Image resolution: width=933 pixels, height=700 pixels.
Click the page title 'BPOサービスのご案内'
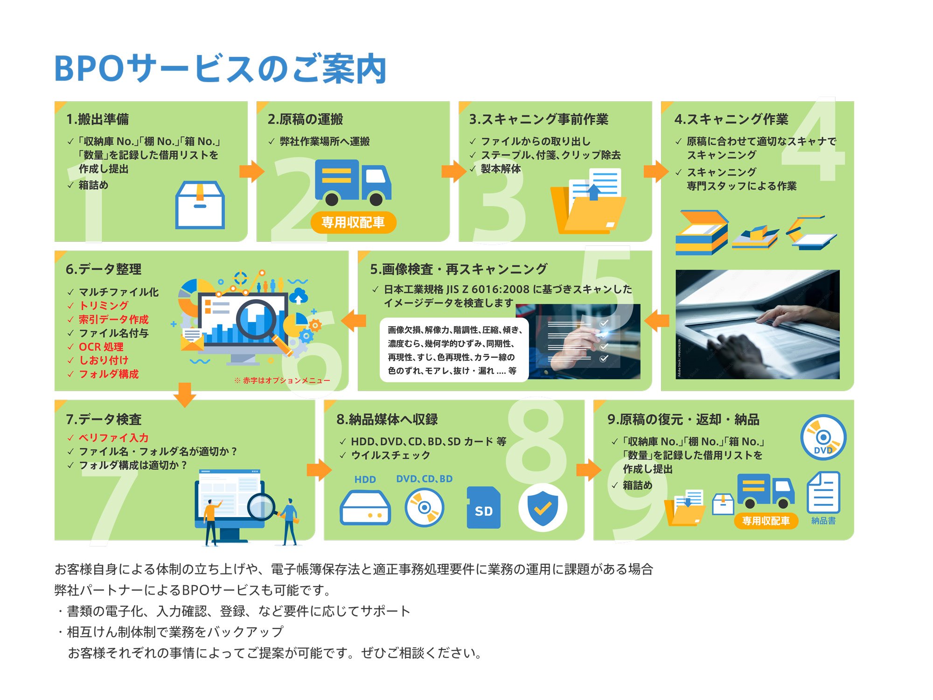point(220,69)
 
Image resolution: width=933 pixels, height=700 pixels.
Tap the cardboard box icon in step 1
point(200,205)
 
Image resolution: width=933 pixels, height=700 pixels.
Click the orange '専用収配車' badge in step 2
point(353,222)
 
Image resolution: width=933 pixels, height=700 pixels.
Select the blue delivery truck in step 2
point(353,182)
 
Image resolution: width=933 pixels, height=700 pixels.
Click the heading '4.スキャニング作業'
point(731,119)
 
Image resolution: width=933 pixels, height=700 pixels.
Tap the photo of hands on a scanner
point(757,324)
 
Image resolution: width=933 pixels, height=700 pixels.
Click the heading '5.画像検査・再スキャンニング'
point(459,269)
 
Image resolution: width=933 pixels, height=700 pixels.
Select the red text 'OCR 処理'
point(101,347)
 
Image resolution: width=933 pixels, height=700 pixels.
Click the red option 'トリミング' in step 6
point(104,306)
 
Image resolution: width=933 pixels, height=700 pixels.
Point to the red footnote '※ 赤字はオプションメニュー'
point(282,381)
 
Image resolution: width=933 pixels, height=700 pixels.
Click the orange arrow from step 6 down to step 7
point(185,394)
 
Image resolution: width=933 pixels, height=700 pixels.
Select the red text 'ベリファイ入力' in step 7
point(113,438)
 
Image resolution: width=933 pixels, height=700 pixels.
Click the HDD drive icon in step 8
point(365,508)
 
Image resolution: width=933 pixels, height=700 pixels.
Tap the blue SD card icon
point(483,508)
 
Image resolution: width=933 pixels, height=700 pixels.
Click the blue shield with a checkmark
point(543,508)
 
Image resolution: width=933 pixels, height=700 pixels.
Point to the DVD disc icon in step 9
point(823,438)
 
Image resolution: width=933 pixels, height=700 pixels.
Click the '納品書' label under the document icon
point(823,521)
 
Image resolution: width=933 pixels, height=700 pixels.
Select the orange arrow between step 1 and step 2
point(251,171)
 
